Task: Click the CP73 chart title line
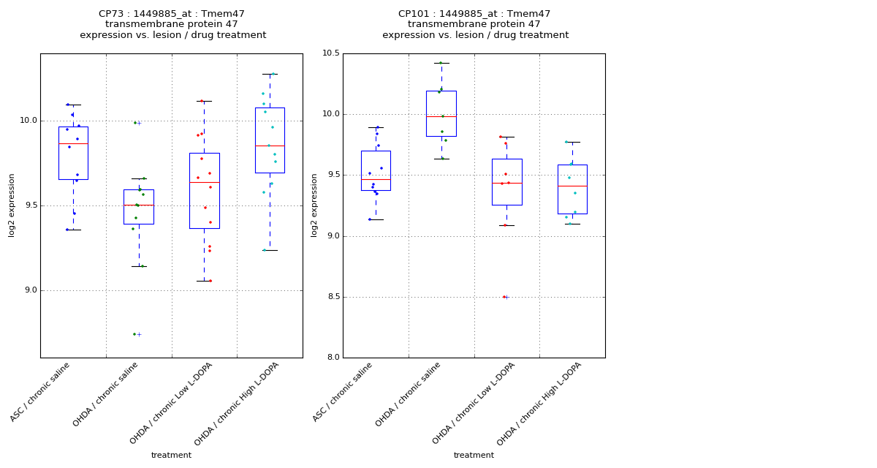pos(172,14)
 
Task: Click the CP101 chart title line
pos(474,14)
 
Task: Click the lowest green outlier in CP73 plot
pos(134,334)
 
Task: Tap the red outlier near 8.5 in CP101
pos(504,297)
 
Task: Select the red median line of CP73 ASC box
pos(73,143)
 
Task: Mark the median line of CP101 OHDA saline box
pos(441,116)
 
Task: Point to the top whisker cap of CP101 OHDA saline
pos(441,63)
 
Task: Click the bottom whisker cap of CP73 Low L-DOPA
pos(204,281)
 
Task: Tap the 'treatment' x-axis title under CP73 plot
pos(171,456)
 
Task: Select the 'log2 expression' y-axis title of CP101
pos(315,205)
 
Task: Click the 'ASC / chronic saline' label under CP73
pos(40,392)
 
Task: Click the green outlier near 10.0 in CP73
pos(135,123)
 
